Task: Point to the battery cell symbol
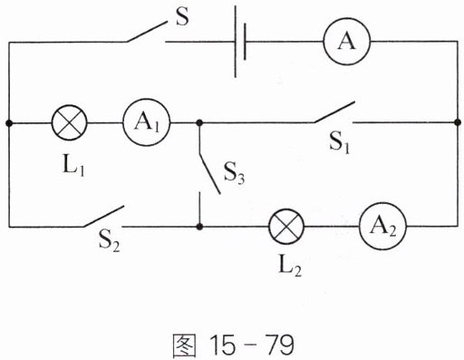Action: [x=240, y=42]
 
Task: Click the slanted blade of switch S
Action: [x=147, y=32]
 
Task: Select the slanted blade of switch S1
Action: [x=334, y=112]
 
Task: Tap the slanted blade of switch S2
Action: [x=103, y=216]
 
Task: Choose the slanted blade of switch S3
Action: [x=209, y=173]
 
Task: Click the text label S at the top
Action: [x=182, y=16]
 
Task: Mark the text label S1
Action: [x=340, y=143]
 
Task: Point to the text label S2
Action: [x=110, y=242]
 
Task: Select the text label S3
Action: [x=234, y=173]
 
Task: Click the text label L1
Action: [x=73, y=166]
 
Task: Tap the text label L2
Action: [x=290, y=267]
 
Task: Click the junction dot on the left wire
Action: [x=9, y=122]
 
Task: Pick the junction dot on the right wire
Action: [x=458, y=122]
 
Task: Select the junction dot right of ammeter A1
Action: [x=199, y=122]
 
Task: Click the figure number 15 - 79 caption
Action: [x=233, y=345]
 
